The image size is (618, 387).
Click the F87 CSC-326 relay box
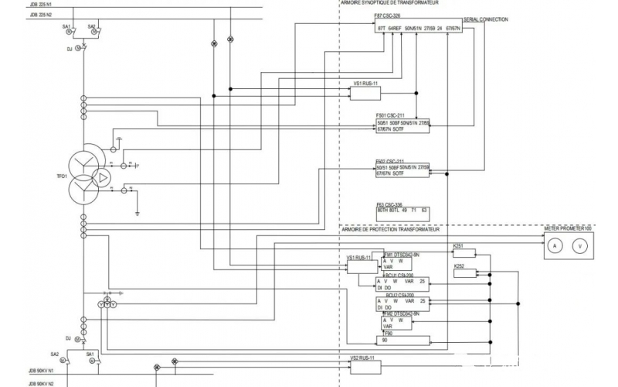coord(418,28)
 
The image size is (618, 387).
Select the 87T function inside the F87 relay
coord(382,29)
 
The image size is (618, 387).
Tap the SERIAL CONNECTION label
coord(486,19)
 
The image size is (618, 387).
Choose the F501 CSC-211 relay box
coord(402,126)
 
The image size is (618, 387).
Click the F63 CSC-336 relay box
coord(402,211)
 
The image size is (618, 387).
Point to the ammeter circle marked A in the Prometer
coord(553,245)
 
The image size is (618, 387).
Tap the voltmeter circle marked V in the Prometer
coord(579,245)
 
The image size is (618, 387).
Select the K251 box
coord(463,252)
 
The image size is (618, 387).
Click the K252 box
coord(485,273)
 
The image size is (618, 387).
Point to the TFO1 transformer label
coord(61,177)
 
